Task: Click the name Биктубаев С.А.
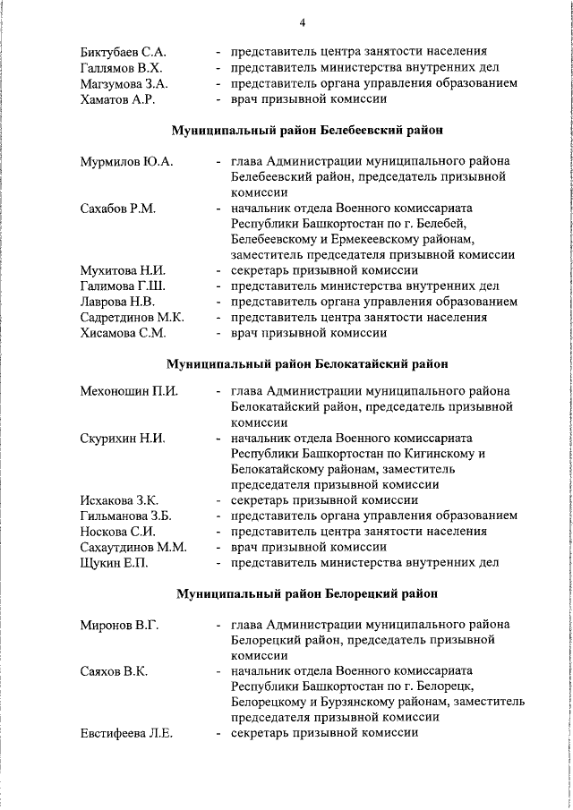[x=122, y=51]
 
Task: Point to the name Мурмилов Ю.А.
[x=126, y=161]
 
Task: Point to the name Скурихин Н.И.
[x=124, y=439]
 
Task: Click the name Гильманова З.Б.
[x=126, y=516]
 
